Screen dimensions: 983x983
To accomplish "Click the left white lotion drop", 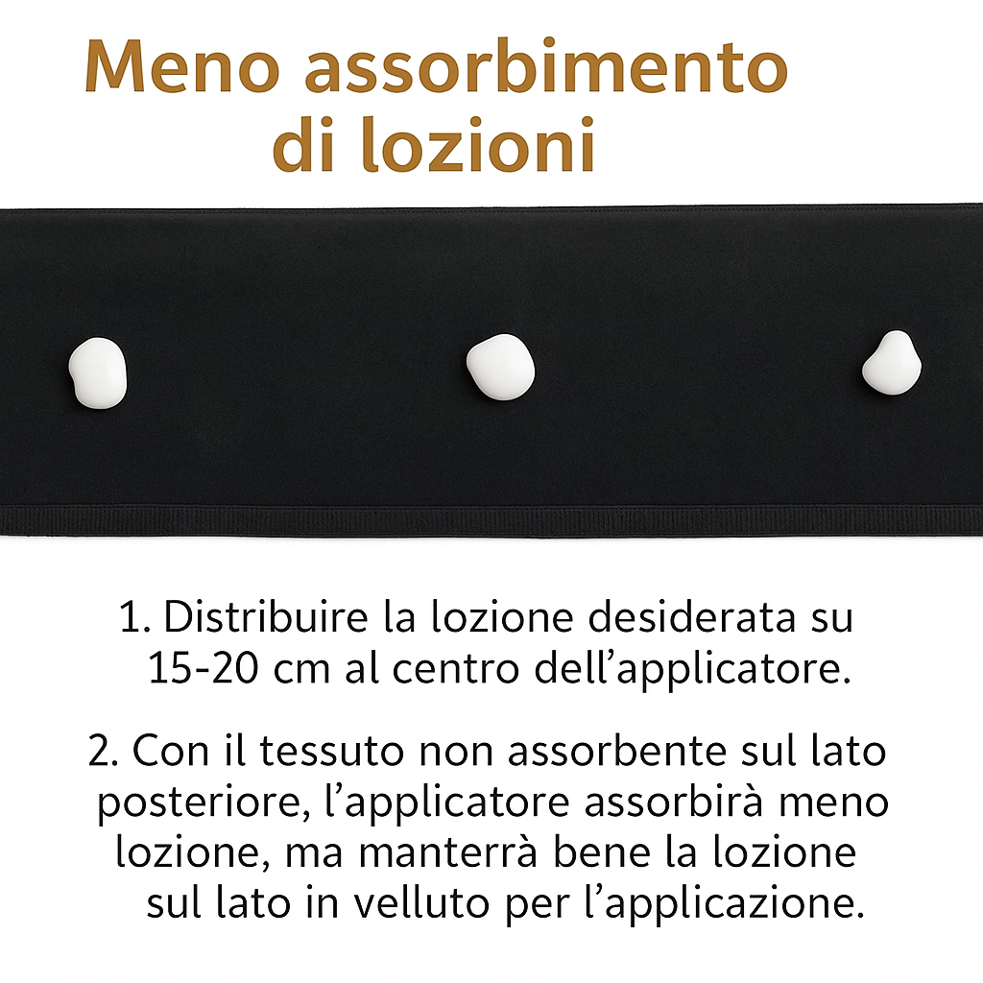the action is tap(98, 373).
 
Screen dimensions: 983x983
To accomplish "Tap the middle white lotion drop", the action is tap(500, 367).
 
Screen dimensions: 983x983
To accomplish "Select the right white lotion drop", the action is tap(892, 363).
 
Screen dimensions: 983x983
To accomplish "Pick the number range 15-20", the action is tap(204, 668).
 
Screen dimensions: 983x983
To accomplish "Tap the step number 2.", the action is tap(103, 751).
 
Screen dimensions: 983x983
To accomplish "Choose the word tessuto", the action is tap(332, 751).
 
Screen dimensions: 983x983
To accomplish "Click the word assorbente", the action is tap(617, 750).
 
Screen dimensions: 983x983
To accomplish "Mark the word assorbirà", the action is tap(674, 802).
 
